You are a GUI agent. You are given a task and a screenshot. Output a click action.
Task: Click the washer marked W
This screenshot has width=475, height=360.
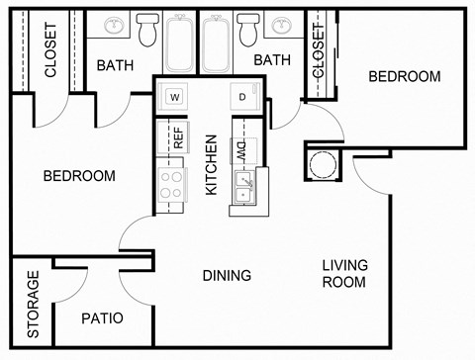click(x=174, y=97)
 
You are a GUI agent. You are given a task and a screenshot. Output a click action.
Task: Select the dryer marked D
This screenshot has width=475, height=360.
click(x=242, y=97)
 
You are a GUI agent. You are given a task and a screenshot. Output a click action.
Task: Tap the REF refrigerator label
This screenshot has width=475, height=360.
click(x=178, y=137)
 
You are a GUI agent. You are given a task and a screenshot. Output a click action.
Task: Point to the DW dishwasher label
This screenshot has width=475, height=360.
click(x=240, y=149)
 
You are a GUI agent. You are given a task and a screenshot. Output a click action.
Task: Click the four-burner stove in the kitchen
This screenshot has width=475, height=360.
click(x=172, y=184)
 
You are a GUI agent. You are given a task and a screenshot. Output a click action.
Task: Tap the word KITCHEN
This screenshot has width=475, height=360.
click(x=211, y=164)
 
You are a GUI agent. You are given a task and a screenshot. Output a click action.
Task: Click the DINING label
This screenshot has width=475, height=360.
click(x=227, y=276)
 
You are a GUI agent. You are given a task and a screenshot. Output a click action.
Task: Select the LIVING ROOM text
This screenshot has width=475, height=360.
click(x=344, y=274)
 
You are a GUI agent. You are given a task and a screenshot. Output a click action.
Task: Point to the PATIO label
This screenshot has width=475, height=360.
click(x=102, y=318)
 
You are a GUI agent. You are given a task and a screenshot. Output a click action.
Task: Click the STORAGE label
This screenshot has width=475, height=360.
click(x=33, y=305)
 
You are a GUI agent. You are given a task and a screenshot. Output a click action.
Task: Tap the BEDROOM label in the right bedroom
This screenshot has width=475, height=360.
click(x=404, y=76)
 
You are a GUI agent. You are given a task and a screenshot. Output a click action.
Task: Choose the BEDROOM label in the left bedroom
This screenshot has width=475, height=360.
click(x=79, y=176)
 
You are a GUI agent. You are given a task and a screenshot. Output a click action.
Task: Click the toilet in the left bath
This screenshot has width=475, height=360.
click(x=148, y=33)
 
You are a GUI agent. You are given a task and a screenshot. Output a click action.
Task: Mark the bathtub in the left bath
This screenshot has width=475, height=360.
click(x=181, y=43)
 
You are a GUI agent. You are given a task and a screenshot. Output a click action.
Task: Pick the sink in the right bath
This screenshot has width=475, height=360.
click(x=281, y=26)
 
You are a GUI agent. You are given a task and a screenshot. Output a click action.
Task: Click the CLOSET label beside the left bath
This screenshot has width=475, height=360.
click(x=50, y=50)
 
